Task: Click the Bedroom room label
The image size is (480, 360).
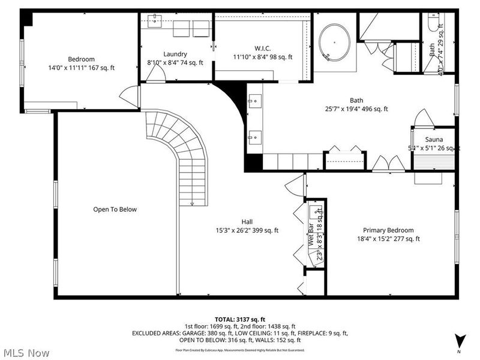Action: pos(81,59)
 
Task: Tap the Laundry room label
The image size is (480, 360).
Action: pos(175,54)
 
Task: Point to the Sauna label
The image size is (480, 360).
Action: pos(434,139)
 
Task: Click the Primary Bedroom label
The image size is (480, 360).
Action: pos(388,230)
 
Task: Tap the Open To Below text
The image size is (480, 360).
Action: pos(115,209)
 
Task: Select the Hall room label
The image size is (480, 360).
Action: pos(247,221)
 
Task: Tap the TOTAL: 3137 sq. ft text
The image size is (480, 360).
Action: pos(239,319)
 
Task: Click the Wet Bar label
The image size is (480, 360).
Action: pos(311,236)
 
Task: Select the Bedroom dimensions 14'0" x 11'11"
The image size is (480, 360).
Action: pos(81,68)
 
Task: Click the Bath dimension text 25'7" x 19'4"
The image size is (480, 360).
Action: pos(357,109)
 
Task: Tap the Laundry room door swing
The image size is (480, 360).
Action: pos(155,74)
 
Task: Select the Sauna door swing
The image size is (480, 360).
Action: pos(421,118)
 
